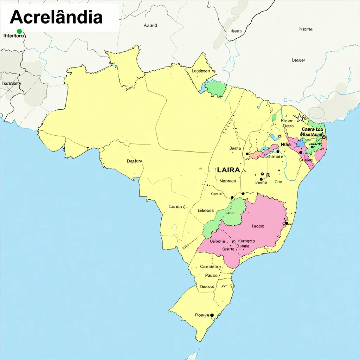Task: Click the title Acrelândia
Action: tap(56, 17)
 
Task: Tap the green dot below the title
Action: tap(19, 31)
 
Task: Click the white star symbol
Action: tap(300, 118)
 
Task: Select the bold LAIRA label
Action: tap(228, 170)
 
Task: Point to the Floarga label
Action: tap(202, 315)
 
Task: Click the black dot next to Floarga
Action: tap(212, 315)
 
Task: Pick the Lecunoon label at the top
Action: tap(201, 71)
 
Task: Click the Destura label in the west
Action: tap(135, 161)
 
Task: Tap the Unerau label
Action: tap(207, 287)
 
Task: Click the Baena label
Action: tap(235, 148)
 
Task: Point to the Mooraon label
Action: tap(227, 181)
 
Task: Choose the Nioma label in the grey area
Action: tap(306, 29)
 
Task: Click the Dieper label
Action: tap(298, 60)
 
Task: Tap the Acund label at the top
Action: tap(150, 25)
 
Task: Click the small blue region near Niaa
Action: tap(301, 143)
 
